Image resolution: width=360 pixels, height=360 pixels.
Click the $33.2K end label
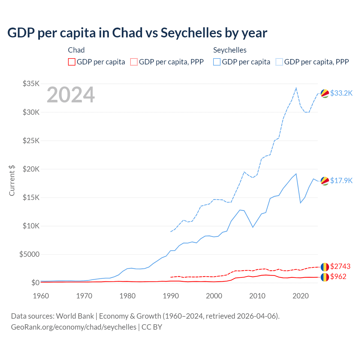pos(341,93)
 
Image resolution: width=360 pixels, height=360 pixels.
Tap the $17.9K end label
pos(341,181)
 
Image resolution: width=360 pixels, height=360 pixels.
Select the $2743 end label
pos(340,266)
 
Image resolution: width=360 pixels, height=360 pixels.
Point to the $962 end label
pos(338,277)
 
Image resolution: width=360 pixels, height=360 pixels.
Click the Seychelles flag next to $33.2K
pos(325,93)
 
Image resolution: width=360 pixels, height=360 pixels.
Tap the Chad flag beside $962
pos(325,277)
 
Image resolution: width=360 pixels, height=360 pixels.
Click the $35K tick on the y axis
pos(31,84)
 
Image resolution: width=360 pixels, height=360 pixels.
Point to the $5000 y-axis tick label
pos(29,255)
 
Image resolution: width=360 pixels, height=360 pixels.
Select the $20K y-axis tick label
pos(31,169)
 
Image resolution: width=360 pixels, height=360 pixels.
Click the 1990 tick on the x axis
pos(171,296)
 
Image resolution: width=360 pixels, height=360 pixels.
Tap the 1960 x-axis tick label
pos(41,296)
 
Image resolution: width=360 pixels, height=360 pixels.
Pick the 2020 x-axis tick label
pos(301,296)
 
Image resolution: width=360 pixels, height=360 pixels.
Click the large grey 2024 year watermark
pos(71,95)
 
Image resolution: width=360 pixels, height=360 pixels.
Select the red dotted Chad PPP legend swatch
pos(134,62)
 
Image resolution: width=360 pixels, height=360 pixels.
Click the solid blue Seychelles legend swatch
pos(217,62)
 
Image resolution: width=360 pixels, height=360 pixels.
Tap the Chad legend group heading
pos(76,50)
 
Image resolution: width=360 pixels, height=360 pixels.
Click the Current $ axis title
pos(12,181)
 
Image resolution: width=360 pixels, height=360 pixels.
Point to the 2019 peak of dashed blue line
pos(296,88)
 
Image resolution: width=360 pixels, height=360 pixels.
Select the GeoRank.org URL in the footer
pos(74,327)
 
